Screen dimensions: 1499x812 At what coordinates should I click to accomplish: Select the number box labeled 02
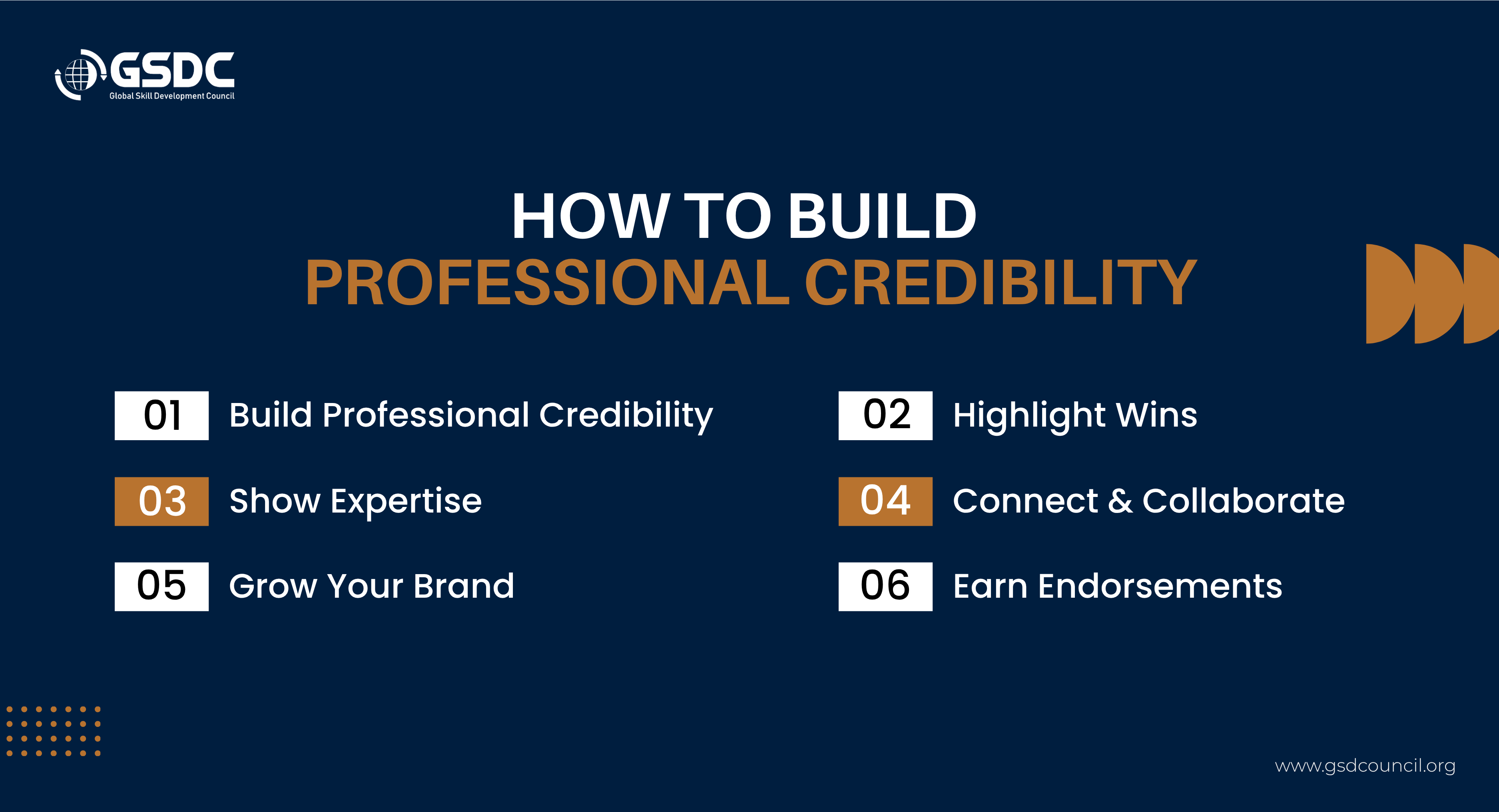tap(885, 416)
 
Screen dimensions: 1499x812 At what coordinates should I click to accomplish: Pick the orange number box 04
tap(885, 501)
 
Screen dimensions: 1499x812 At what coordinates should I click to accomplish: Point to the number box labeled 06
tap(885, 586)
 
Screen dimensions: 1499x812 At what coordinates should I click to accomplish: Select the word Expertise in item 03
tap(406, 502)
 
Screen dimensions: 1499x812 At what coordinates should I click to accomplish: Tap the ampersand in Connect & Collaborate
tap(1120, 501)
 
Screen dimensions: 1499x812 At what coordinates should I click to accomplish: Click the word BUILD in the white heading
tap(882, 216)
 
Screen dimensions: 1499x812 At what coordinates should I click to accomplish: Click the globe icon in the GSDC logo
tap(80, 74)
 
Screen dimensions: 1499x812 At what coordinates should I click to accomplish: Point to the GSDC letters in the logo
tap(172, 70)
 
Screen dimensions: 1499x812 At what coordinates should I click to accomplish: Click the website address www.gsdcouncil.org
tap(1365, 766)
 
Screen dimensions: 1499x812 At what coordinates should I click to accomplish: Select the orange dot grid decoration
tap(54, 731)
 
